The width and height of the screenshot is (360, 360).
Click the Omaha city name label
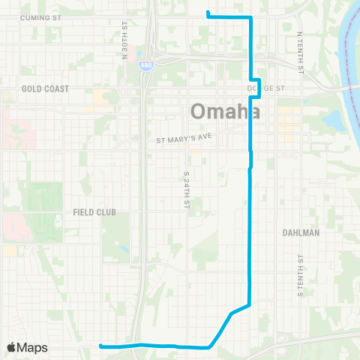(225, 111)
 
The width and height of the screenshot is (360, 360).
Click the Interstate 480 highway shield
(142, 65)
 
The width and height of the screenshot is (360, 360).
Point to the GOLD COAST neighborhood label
(45, 88)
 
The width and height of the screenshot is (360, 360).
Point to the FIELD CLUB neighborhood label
(94, 212)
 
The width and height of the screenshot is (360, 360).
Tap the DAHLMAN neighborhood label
(302, 232)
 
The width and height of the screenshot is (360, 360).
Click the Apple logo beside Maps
(12, 347)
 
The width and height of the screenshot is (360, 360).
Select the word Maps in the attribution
(34, 347)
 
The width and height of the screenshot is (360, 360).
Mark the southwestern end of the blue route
(100, 346)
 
